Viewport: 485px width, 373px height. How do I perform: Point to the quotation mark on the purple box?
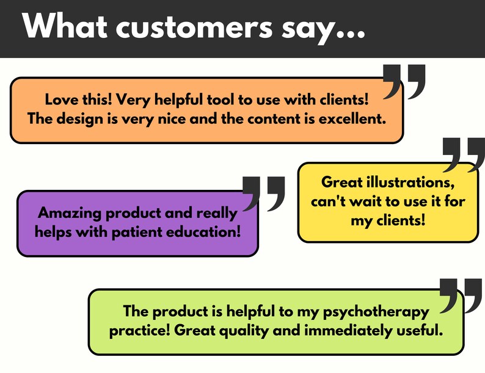[264, 194]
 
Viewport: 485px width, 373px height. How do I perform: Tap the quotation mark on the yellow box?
[464, 154]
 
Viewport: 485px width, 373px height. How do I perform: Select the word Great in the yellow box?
[342, 183]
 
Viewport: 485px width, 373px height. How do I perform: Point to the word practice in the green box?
[138, 330]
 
